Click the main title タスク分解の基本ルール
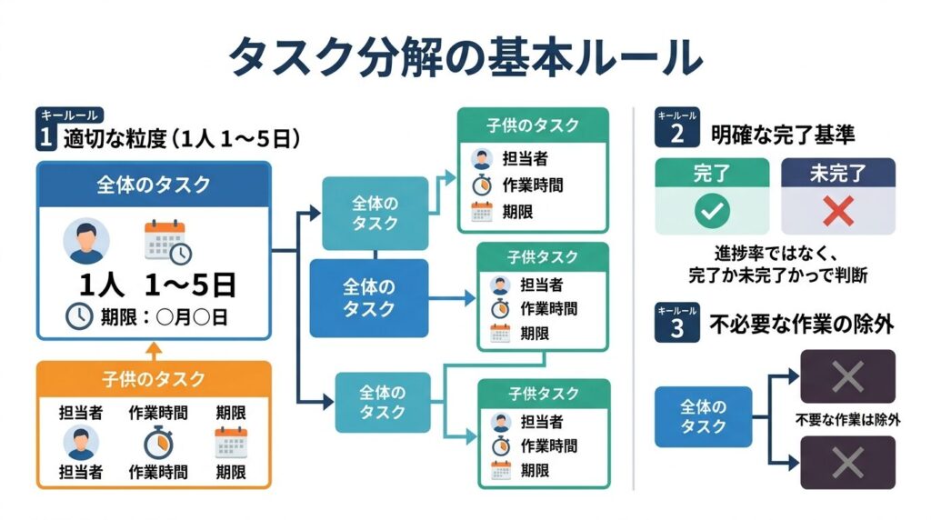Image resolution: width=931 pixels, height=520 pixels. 465,57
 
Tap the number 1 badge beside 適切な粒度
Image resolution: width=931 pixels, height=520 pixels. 45,138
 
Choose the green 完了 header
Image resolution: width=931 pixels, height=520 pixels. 712,173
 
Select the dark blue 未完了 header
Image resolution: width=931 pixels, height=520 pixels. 837,173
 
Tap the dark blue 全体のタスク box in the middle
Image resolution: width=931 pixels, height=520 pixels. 368,298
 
